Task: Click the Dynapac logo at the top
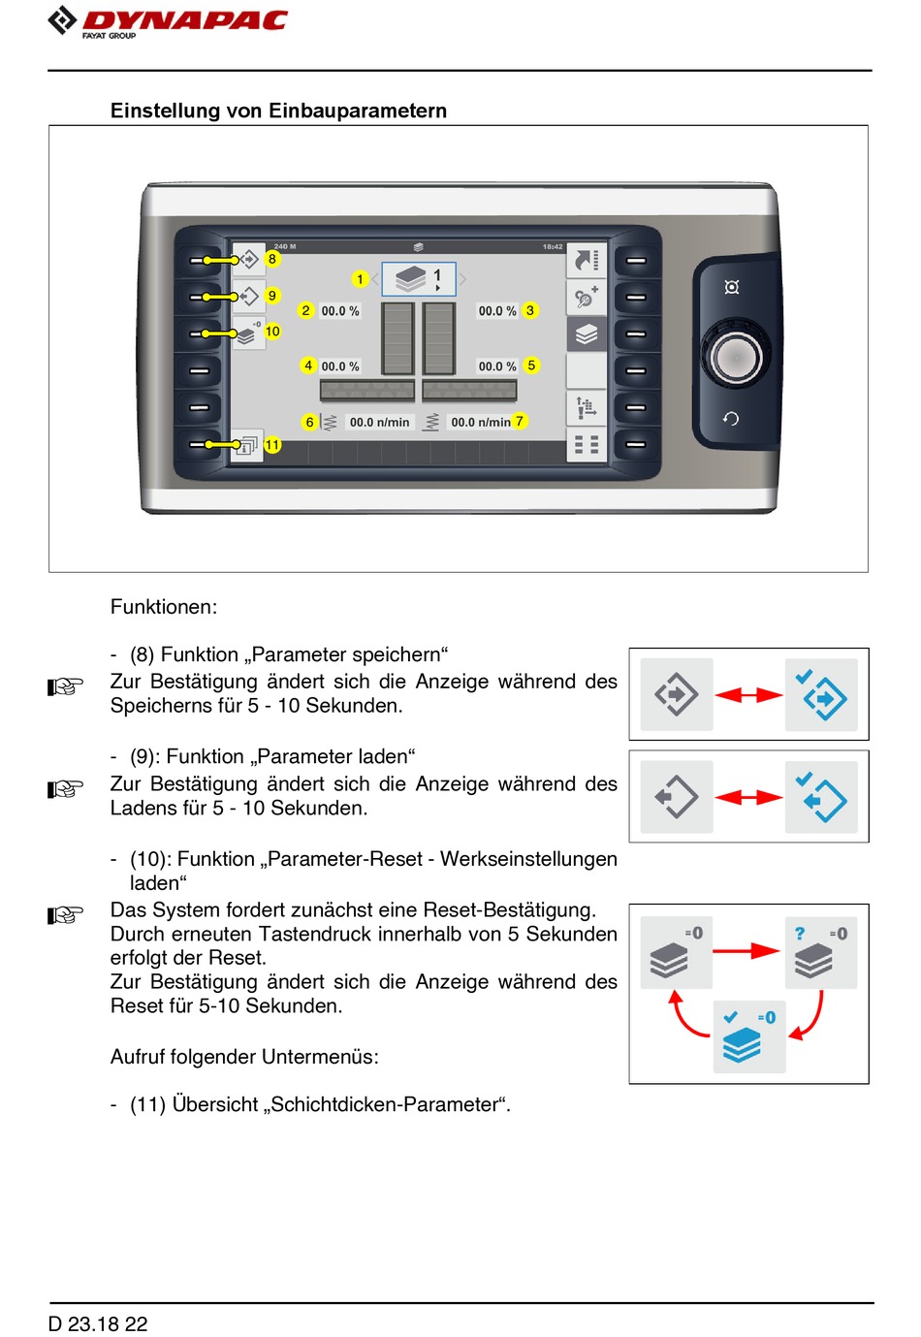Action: click(x=169, y=21)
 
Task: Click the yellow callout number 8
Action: click(x=272, y=259)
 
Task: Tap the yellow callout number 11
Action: click(x=272, y=445)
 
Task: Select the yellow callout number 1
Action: click(x=360, y=279)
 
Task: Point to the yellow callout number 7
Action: click(x=520, y=421)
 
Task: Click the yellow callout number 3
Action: click(x=530, y=310)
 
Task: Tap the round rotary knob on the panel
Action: click(x=736, y=357)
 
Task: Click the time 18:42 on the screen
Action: click(x=553, y=247)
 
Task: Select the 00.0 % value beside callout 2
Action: click(x=340, y=311)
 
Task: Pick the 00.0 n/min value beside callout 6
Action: click(x=379, y=423)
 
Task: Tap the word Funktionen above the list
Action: click(x=164, y=607)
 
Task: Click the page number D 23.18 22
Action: click(x=98, y=1323)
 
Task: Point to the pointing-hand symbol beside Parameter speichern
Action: click(x=66, y=686)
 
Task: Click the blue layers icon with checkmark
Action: click(x=748, y=1037)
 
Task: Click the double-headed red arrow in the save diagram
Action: click(x=748, y=694)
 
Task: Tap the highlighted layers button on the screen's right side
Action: click(x=587, y=334)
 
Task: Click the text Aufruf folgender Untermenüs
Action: click(x=244, y=1057)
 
